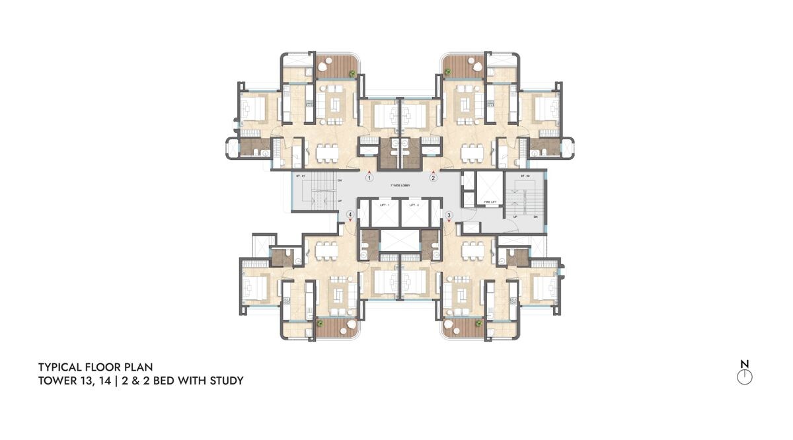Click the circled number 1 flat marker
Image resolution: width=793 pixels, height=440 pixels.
tap(369, 177)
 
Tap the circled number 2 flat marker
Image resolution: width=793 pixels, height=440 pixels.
tap(434, 177)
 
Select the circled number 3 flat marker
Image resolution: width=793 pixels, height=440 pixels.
tap(449, 215)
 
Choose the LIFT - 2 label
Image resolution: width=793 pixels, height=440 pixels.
tap(414, 206)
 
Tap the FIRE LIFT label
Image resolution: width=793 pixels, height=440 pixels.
tap(490, 202)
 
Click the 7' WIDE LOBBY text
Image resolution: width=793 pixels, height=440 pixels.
tap(400, 186)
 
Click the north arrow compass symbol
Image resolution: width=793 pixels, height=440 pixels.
tap(745, 377)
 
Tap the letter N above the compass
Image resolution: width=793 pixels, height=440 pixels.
tap(745, 363)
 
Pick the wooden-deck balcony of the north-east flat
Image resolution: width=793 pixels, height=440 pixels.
tap(464, 65)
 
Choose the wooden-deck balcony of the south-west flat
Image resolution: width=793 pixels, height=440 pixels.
tap(336, 326)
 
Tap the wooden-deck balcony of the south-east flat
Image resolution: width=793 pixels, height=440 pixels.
tap(464, 326)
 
